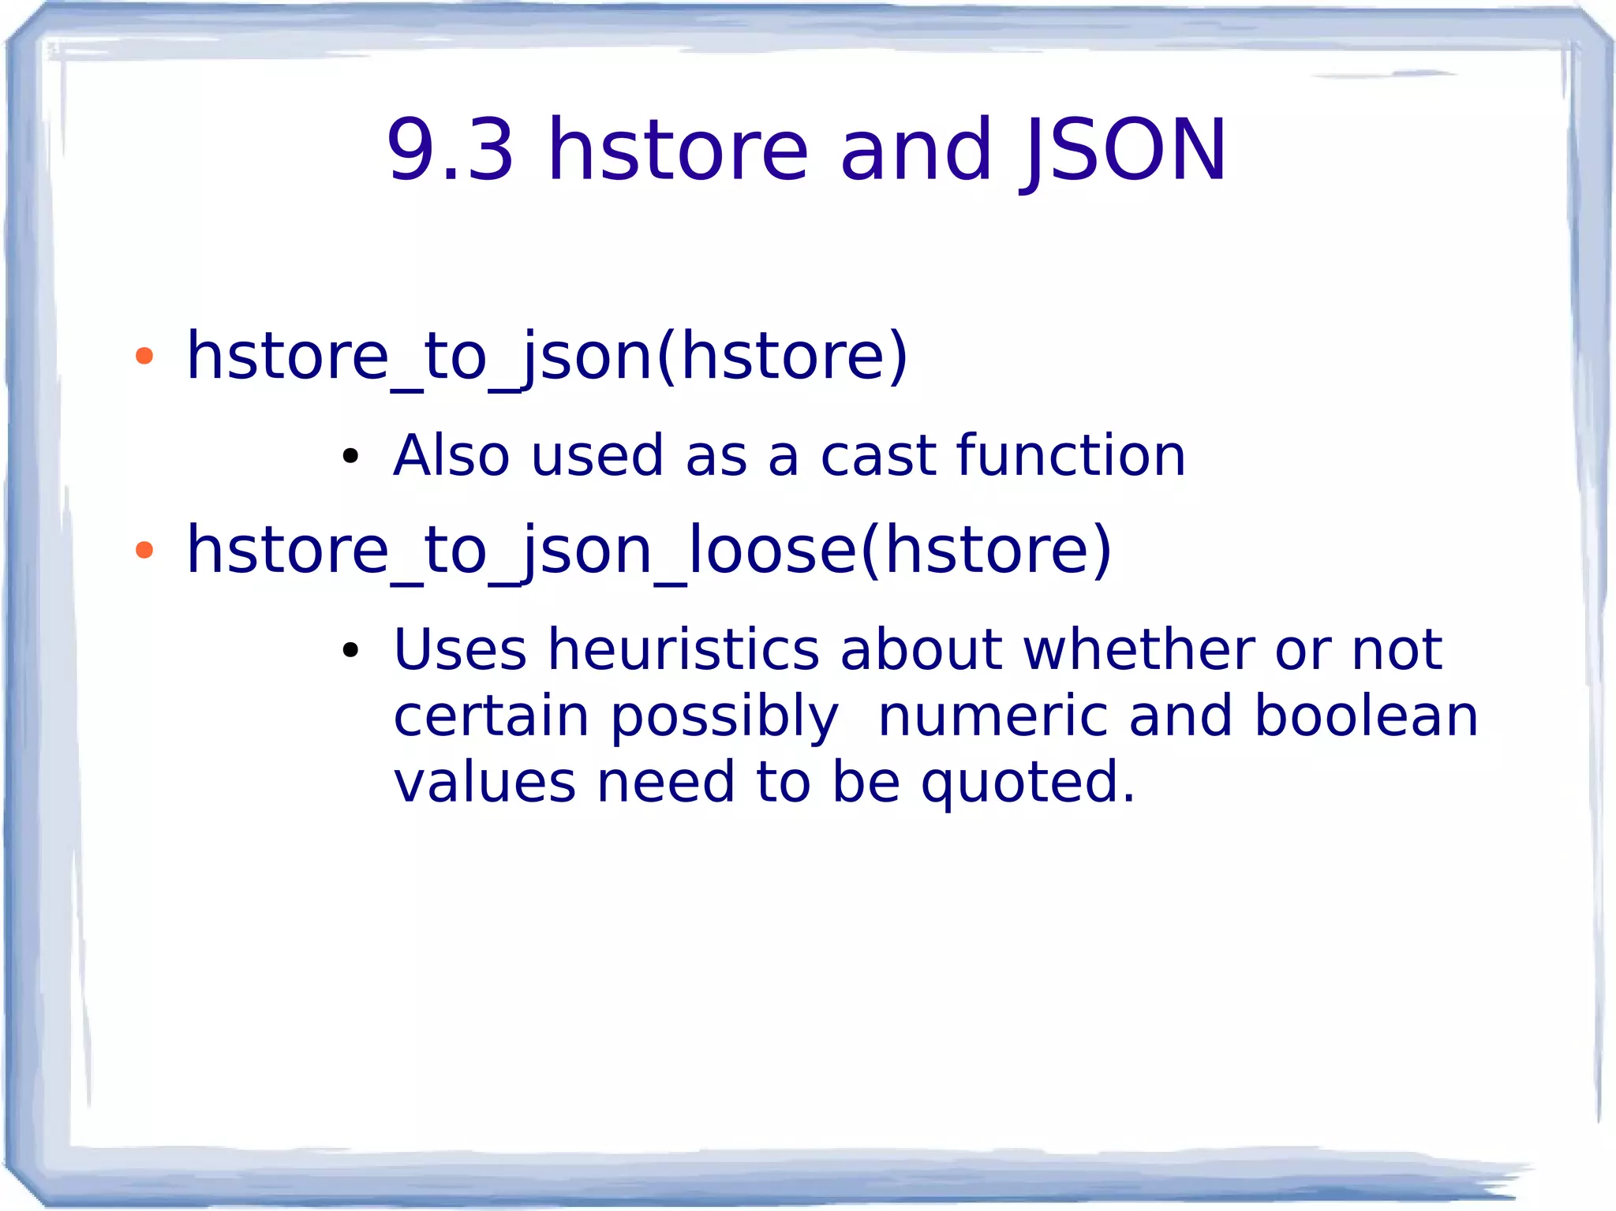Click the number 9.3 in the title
(450, 150)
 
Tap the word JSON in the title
(1124, 150)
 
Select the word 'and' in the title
(915, 150)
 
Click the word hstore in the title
(679, 150)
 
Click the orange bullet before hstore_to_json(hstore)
(144, 357)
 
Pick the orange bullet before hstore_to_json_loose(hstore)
(144, 550)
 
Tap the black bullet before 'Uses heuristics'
(350, 650)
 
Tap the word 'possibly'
(724, 716)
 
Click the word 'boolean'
(1366, 716)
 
